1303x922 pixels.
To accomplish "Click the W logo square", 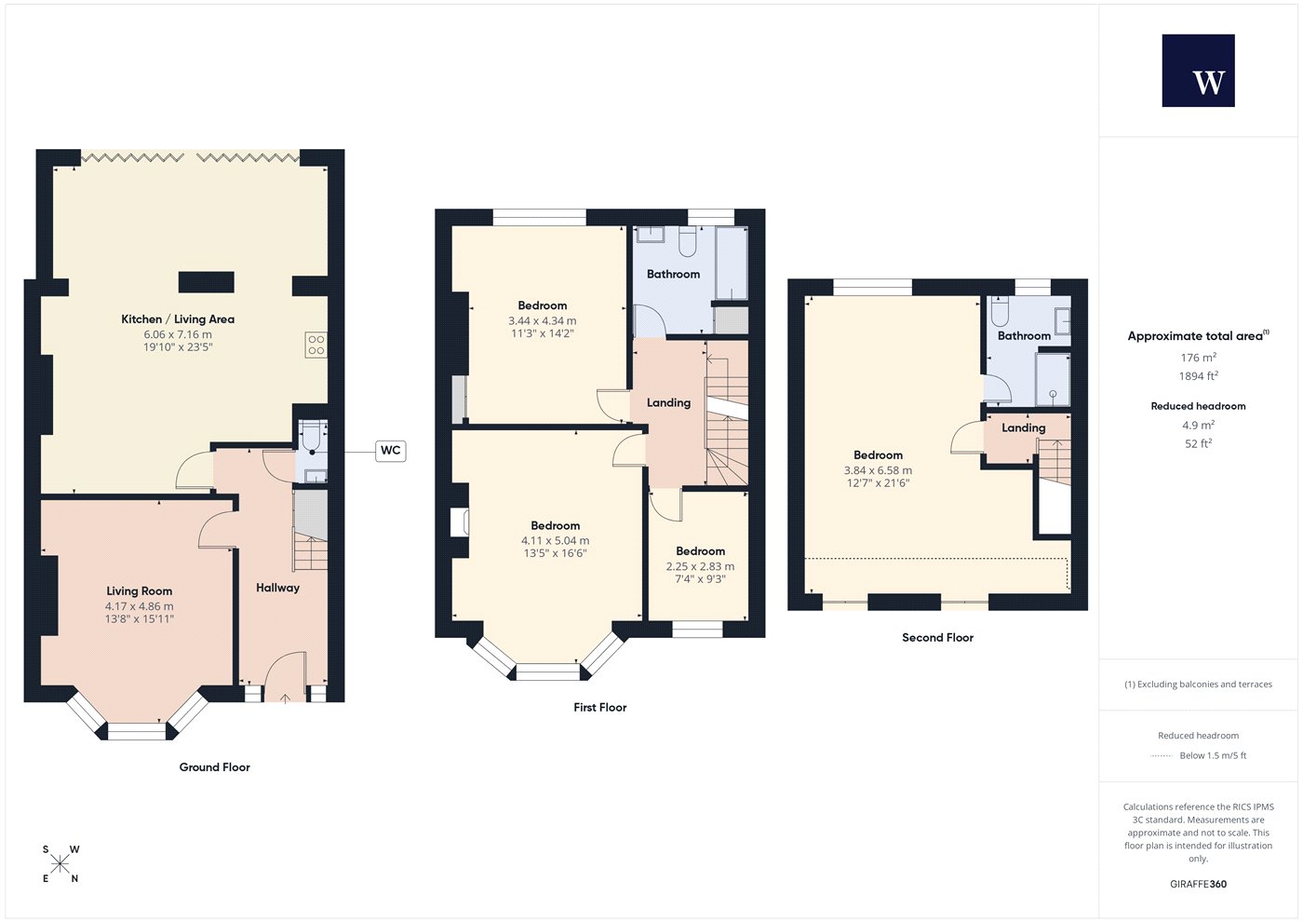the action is point(1198,71).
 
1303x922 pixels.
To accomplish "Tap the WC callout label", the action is point(390,451).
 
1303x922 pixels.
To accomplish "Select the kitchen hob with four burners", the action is point(316,345).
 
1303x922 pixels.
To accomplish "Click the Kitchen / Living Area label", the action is point(178,319).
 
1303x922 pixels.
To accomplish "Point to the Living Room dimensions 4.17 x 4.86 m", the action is point(139,606).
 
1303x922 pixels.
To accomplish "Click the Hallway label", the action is point(277,588).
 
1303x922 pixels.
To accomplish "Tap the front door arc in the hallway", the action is point(285,676).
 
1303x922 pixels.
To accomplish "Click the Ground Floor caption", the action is point(215,767).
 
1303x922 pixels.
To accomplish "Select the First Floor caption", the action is point(599,707).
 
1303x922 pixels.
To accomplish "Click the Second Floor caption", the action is point(938,637).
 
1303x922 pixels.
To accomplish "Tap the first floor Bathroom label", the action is point(673,274).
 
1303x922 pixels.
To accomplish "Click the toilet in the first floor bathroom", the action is point(687,242).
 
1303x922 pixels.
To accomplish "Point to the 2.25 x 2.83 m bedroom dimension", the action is point(700,566).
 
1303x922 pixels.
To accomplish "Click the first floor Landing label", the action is point(668,402).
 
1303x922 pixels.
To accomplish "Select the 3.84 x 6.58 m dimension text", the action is point(878,470).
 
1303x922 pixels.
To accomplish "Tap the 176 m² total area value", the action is point(1199,358).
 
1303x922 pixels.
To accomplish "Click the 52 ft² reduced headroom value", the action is point(1199,443).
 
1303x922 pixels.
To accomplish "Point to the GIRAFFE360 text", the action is point(1199,884).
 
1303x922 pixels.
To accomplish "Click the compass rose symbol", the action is point(60,864).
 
